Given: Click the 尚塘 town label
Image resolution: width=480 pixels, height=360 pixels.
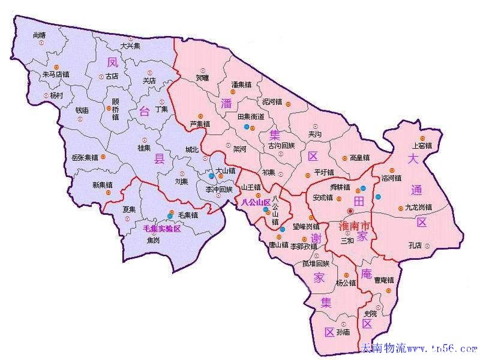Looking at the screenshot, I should (x=40, y=35).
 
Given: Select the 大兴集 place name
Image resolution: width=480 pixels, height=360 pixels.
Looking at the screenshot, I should (x=130, y=46).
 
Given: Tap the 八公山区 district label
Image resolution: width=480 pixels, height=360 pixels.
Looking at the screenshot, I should (x=257, y=203).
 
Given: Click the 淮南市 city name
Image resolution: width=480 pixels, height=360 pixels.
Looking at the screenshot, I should (x=354, y=226).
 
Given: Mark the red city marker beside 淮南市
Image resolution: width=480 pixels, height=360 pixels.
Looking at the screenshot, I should (x=350, y=211).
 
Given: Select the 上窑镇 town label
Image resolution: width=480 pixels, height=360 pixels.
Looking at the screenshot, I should (x=422, y=145).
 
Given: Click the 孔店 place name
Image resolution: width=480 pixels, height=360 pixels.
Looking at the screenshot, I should (x=415, y=245).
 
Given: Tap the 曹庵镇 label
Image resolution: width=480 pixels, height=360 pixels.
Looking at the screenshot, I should (x=384, y=280).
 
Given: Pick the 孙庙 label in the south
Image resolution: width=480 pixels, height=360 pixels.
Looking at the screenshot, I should (x=343, y=332).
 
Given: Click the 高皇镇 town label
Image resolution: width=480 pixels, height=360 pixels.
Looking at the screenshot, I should (x=361, y=158).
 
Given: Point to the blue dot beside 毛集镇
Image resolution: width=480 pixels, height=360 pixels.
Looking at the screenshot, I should (x=170, y=216).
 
